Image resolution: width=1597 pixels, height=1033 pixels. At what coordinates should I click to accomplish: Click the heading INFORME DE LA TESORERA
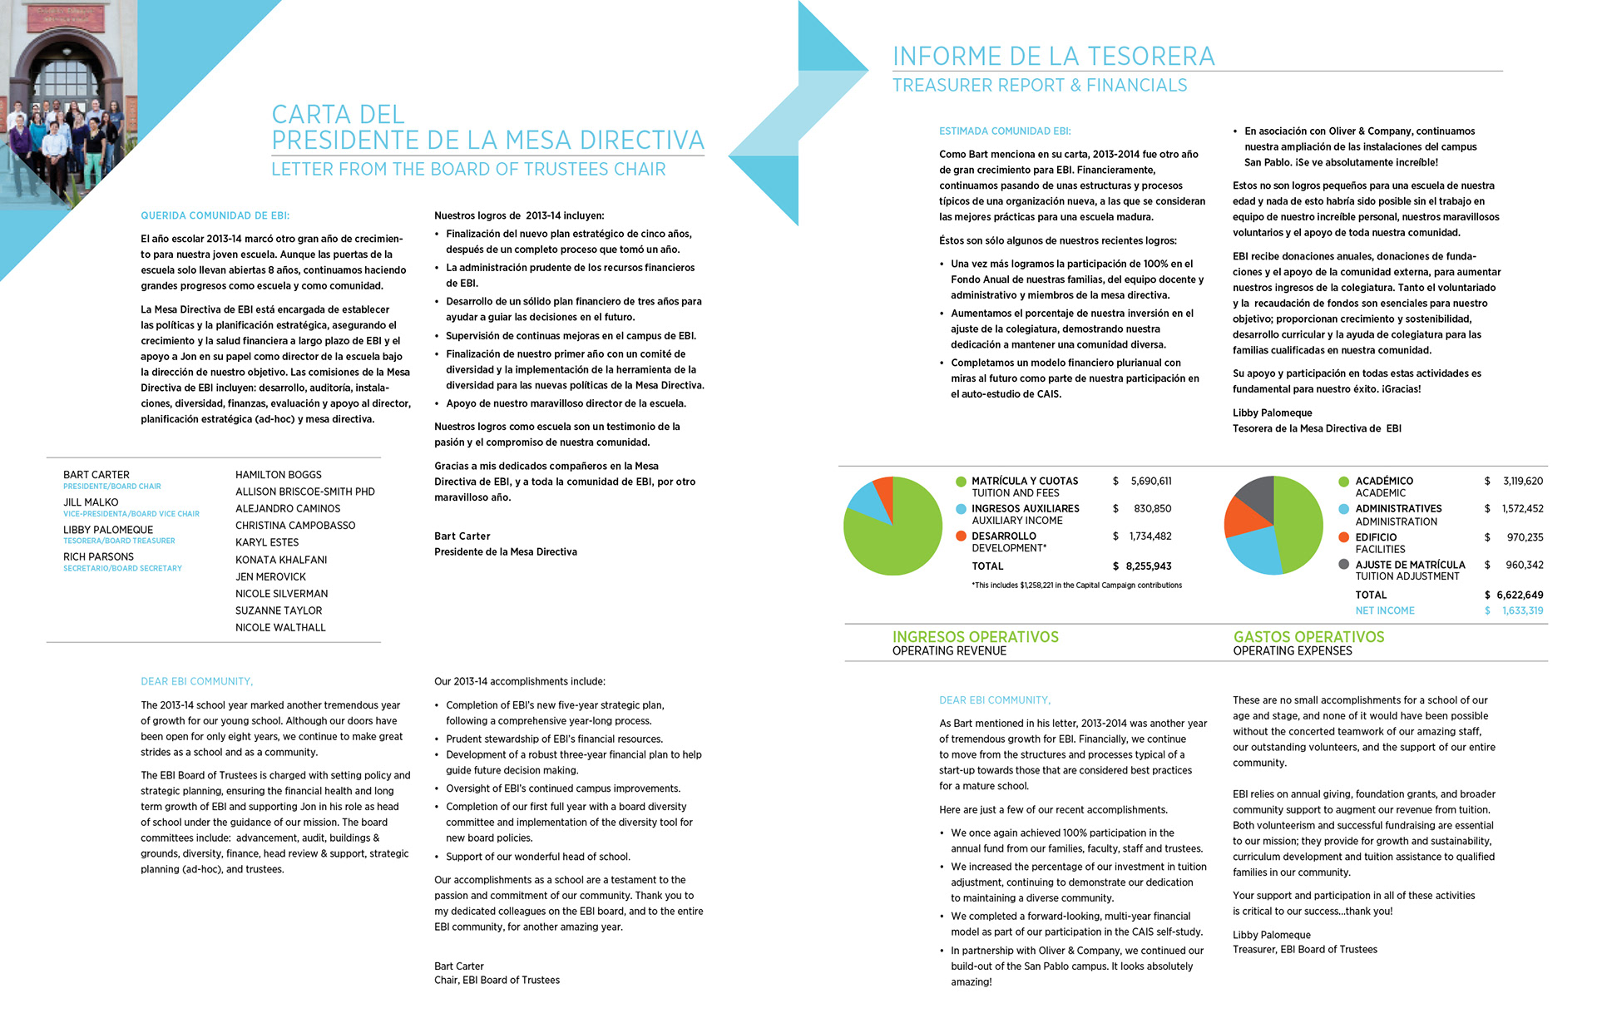coord(1053,56)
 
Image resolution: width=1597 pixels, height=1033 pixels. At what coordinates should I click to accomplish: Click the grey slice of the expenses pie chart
coord(1258,495)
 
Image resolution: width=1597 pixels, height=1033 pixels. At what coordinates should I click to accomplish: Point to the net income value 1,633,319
coord(1522,610)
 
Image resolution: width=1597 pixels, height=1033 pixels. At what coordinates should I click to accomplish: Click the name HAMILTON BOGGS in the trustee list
coord(278,474)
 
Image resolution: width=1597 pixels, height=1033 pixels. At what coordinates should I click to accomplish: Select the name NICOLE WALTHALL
coord(280,627)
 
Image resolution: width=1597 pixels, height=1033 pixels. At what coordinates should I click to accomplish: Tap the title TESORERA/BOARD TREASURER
coord(119,541)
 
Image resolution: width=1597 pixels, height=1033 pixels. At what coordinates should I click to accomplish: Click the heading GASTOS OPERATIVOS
coord(1308,636)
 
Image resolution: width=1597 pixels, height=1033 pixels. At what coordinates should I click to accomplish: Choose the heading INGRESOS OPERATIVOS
coord(975,636)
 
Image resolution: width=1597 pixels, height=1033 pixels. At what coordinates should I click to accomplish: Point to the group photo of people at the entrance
coord(58,125)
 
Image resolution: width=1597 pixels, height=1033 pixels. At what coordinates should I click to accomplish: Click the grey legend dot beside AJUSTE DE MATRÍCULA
coord(1343,564)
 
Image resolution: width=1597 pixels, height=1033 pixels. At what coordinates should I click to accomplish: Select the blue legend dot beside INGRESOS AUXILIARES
coord(961,508)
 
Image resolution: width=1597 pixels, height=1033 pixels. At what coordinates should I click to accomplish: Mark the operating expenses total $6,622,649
coord(1514,595)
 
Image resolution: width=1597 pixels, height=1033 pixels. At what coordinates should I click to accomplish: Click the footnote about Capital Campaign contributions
coord(1076,586)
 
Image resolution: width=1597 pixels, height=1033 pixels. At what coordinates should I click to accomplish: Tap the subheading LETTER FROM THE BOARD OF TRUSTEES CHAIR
coord(468,169)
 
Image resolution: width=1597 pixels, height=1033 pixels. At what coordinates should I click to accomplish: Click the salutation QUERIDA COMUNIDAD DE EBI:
coord(215,215)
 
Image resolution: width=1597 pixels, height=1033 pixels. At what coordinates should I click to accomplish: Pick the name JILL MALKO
coord(91,502)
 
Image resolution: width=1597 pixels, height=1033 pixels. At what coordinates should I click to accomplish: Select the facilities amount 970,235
coord(1525,537)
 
